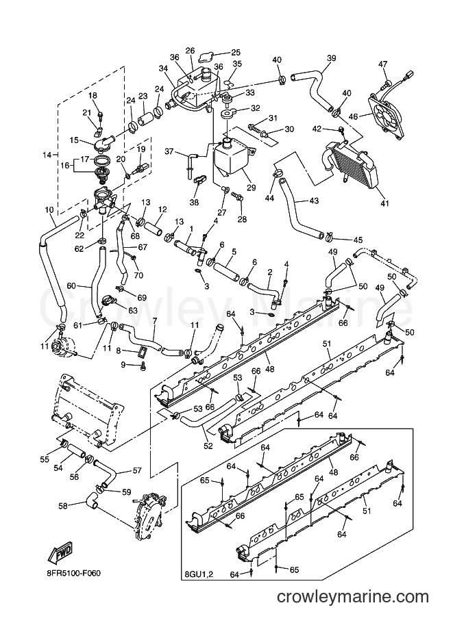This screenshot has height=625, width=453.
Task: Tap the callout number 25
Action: (x=236, y=52)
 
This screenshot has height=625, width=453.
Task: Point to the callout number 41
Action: (x=384, y=203)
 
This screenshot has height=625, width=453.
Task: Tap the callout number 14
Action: (x=47, y=155)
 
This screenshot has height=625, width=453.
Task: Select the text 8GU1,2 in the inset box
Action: (x=197, y=574)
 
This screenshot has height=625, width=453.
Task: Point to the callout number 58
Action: (x=62, y=505)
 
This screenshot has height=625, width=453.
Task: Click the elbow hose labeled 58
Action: (x=91, y=500)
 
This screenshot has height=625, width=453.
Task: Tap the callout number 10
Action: (x=49, y=209)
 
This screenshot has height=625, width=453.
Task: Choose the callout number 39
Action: (x=332, y=58)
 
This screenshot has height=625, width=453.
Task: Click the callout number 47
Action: (x=383, y=64)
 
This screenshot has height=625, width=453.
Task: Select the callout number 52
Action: (x=208, y=446)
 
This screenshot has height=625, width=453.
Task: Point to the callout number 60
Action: (x=71, y=285)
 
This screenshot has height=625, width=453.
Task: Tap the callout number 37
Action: (x=169, y=151)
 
